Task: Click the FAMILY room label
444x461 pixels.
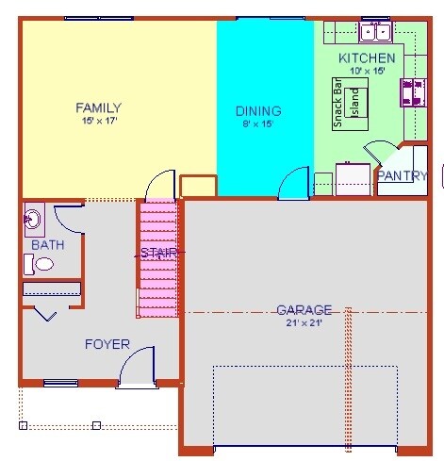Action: (x=98, y=107)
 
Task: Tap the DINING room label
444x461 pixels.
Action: (x=258, y=110)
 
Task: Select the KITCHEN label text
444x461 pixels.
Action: (x=367, y=58)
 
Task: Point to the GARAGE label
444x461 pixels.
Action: (x=304, y=309)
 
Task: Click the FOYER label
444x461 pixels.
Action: (x=107, y=344)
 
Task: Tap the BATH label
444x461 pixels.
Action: (x=47, y=245)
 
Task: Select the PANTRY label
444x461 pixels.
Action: (x=403, y=175)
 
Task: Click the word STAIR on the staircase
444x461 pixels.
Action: (x=158, y=253)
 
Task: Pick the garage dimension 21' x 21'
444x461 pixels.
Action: (x=304, y=323)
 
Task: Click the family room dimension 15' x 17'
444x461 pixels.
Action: (x=98, y=122)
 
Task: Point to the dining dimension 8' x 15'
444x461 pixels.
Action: (x=258, y=123)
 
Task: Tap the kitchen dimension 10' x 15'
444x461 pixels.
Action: (x=367, y=71)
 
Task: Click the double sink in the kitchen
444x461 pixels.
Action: (x=375, y=33)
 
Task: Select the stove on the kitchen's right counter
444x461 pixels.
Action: (x=413, y=92)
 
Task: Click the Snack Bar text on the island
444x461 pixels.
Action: (x=338, y=103)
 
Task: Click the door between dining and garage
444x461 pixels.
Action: (x=294, y=183)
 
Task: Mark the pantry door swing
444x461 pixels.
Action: (x=382, y=156)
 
